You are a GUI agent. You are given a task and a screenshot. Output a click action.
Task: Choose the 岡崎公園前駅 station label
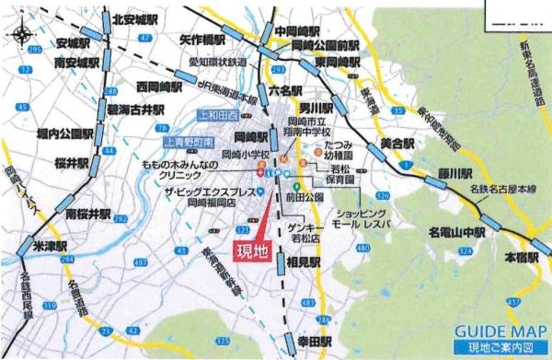click(x=325, y=45)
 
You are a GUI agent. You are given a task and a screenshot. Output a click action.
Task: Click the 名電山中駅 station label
click(x=457, y=233)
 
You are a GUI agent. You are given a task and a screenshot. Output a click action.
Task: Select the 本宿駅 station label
click(x=521, y=261)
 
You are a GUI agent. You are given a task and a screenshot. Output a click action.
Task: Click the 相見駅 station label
click(x=303, y=261)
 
